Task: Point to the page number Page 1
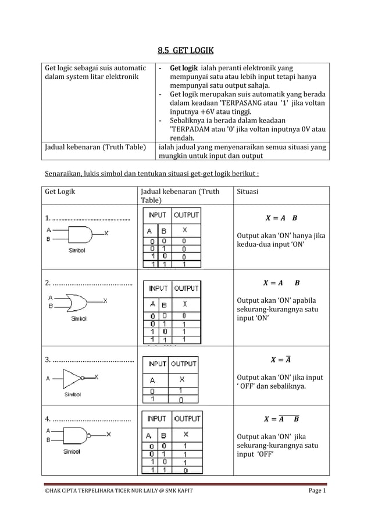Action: [x=317, y=492]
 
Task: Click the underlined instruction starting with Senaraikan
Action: [x=152, y=174]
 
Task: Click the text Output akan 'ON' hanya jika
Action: [x=280, y=235]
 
